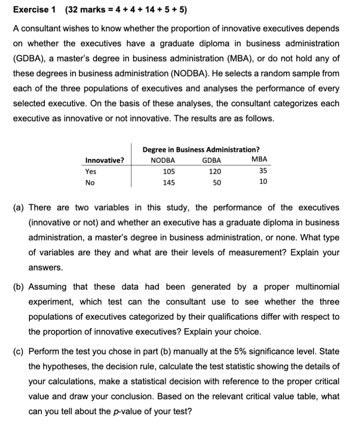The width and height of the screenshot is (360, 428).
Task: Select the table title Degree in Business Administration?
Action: tap(201, 149)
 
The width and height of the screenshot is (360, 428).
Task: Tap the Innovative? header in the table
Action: tap(105, 160)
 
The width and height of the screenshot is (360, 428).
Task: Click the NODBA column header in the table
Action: tap(163, 160)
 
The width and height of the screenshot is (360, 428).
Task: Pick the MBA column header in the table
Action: tap(260, 160)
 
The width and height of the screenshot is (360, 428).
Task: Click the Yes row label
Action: tap(91, 171)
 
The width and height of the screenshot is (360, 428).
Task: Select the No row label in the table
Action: tap(90, 181)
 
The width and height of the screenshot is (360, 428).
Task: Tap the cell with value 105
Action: tap(168, 171)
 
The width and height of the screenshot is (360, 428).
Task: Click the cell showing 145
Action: tap(168, 181)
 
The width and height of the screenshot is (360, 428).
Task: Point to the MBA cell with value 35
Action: tap(263, 171)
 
